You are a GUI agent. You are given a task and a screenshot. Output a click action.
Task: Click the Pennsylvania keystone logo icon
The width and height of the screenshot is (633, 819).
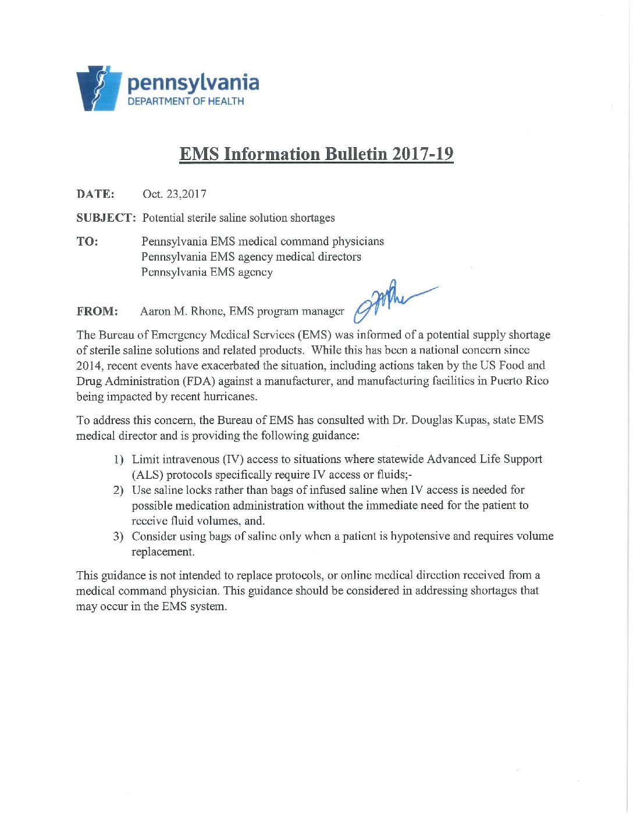click(98, 88)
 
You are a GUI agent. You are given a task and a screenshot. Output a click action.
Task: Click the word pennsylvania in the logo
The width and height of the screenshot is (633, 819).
click(193, 83)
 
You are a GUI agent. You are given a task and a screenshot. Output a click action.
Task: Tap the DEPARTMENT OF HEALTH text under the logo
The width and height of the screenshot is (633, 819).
click(186, 101)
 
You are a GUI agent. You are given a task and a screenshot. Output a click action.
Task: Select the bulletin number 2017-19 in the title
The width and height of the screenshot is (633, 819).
click(422, 154)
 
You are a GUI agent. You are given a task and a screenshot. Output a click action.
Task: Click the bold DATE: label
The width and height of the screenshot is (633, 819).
click(95, 194)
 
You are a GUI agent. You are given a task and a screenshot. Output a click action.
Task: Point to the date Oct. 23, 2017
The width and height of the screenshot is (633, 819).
click(175, 194)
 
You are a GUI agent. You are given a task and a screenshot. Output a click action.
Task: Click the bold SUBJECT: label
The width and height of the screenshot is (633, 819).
click(106, 218)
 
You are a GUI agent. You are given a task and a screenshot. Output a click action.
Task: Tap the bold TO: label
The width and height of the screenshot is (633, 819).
click(87, 241)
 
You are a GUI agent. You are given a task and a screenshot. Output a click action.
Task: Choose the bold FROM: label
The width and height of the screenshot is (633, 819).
click(97, 312)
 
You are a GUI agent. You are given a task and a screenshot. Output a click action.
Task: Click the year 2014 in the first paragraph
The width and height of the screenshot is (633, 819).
click(89, 366)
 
